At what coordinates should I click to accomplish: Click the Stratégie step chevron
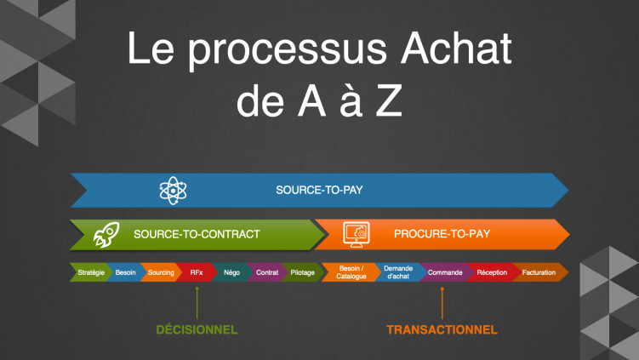(90, 272)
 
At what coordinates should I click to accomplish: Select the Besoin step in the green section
(126, 272)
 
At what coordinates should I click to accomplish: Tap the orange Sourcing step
(161, 272)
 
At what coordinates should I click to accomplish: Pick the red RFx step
(197, 272)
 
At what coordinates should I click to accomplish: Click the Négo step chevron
(231, 272)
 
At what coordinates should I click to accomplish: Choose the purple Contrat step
(267, 272)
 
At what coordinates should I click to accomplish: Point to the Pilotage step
(302, 272)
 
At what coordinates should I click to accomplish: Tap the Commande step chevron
(445, 272)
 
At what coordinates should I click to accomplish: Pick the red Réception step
(492, 272)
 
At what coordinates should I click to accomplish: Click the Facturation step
(539, 272)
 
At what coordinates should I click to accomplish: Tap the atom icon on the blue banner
(173, 190)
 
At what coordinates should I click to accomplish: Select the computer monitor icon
(355, 233)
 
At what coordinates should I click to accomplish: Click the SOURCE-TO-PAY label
(319, 190)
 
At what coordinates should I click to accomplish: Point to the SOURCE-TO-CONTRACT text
(197, 233)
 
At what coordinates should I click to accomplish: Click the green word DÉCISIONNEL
(197, 329)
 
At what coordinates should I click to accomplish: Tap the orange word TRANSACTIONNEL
(442, 329)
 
